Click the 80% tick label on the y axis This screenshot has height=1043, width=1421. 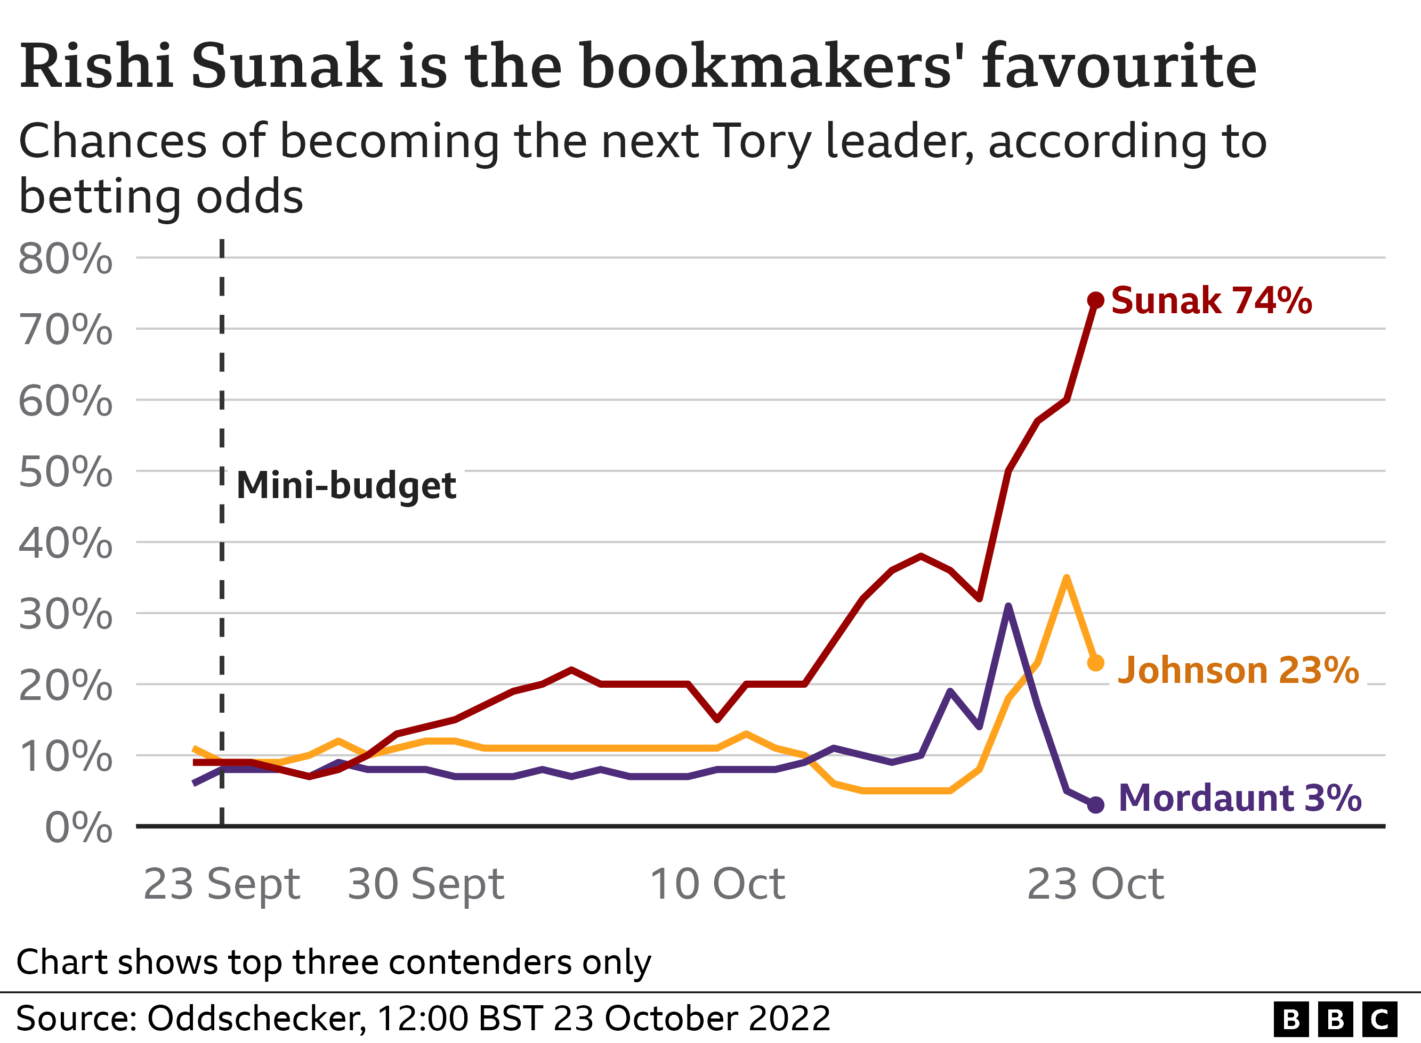66,258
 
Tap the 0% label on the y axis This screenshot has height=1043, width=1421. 79,827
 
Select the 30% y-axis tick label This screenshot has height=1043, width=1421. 66,614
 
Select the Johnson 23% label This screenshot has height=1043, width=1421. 1238,670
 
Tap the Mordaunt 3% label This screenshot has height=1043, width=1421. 1240,798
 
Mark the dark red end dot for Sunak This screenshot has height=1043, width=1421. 1096,300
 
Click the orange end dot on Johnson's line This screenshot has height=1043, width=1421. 1096,663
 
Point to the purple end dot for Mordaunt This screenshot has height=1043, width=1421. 1096,804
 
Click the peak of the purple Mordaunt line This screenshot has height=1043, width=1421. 1008,607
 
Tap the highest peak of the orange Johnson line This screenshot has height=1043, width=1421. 1067,578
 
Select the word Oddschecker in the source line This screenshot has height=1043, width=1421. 255,1018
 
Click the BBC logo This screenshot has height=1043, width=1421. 1335,1019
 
